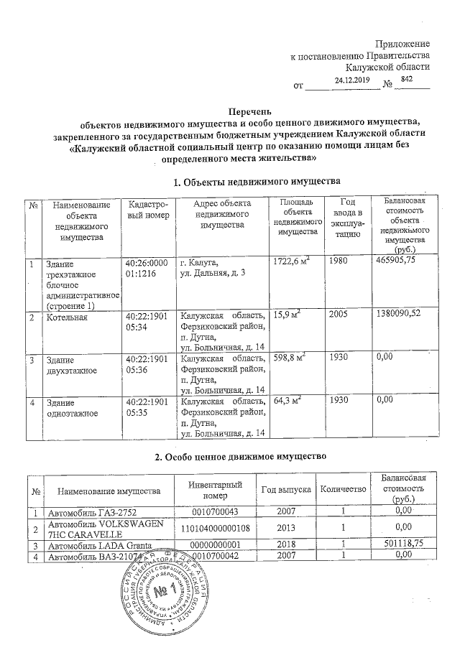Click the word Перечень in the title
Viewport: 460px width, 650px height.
249,112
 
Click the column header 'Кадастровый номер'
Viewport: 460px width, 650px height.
147,210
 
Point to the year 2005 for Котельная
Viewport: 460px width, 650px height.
339,316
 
